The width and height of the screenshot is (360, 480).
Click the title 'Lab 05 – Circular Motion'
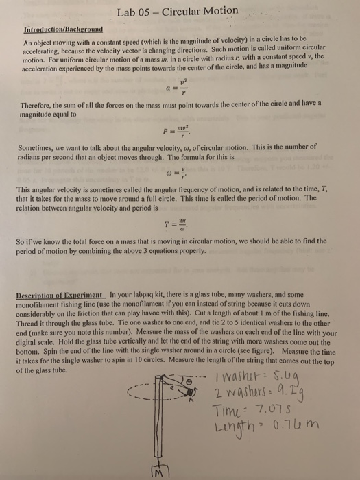[x=178, y=11]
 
